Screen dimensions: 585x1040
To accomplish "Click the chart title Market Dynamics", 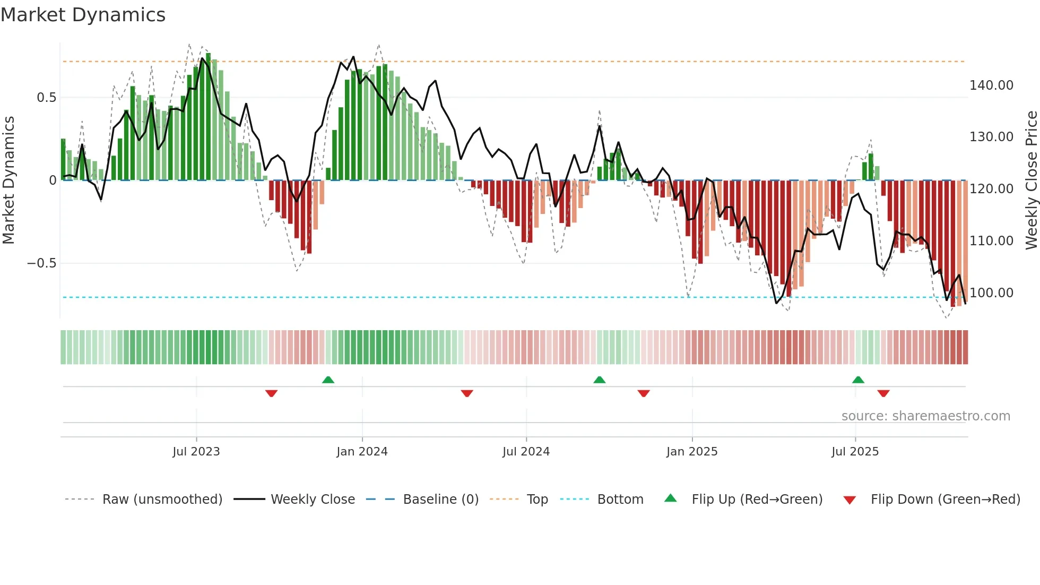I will (x=83, y=15).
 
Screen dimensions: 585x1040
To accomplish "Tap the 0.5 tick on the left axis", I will (x=46, y=98).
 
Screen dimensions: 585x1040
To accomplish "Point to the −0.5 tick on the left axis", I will (x=41, y=263).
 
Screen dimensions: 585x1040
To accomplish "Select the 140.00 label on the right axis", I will (x=991, y=85).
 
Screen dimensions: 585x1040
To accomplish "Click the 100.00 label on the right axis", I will (x=991, y=293).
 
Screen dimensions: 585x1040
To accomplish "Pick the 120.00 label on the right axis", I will (x=991, y=189).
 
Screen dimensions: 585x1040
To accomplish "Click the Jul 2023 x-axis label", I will (x=196, y=452).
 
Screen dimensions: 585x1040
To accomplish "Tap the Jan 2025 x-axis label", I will (x=692, y=452).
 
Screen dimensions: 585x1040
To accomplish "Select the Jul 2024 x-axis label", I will (x=526, y=452).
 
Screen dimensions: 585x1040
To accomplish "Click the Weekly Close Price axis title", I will (x=1031, y=180).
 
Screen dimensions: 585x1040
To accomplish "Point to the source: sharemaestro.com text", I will (x=925, y=416).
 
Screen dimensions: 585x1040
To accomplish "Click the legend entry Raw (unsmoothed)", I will (x=162, y=500).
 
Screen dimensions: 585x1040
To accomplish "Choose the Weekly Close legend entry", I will (x=313, y=500).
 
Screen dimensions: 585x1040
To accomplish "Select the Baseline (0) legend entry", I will (x=440, y=500).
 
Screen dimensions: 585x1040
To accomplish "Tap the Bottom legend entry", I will (x=620, y=500).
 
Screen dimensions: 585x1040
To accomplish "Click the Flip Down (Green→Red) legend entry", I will (x=945, y=500).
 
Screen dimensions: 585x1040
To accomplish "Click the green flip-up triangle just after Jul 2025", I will (x=858, y=380).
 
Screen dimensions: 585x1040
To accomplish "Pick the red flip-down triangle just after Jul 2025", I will (x=883, y=393).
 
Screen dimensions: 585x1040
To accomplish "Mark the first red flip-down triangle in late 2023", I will (x=271, y=393).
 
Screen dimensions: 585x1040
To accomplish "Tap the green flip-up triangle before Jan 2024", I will (x=328, y=380).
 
